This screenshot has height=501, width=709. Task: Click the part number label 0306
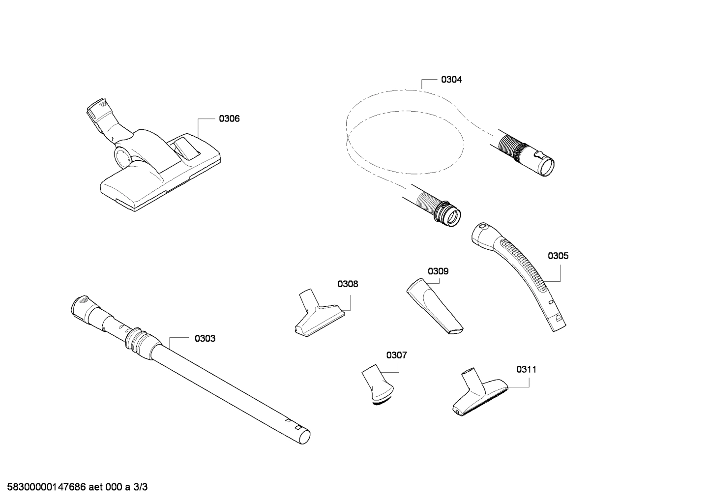point(229,119)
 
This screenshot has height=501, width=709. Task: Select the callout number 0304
point(451,80)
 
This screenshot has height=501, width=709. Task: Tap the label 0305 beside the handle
point(558,256)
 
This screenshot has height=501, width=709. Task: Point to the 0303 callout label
point(205,339)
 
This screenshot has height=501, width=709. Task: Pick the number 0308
point(348,284)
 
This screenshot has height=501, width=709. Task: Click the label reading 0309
point(438,271)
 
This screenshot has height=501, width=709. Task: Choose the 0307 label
point(396,355)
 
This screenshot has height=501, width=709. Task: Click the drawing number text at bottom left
point(74,487)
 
